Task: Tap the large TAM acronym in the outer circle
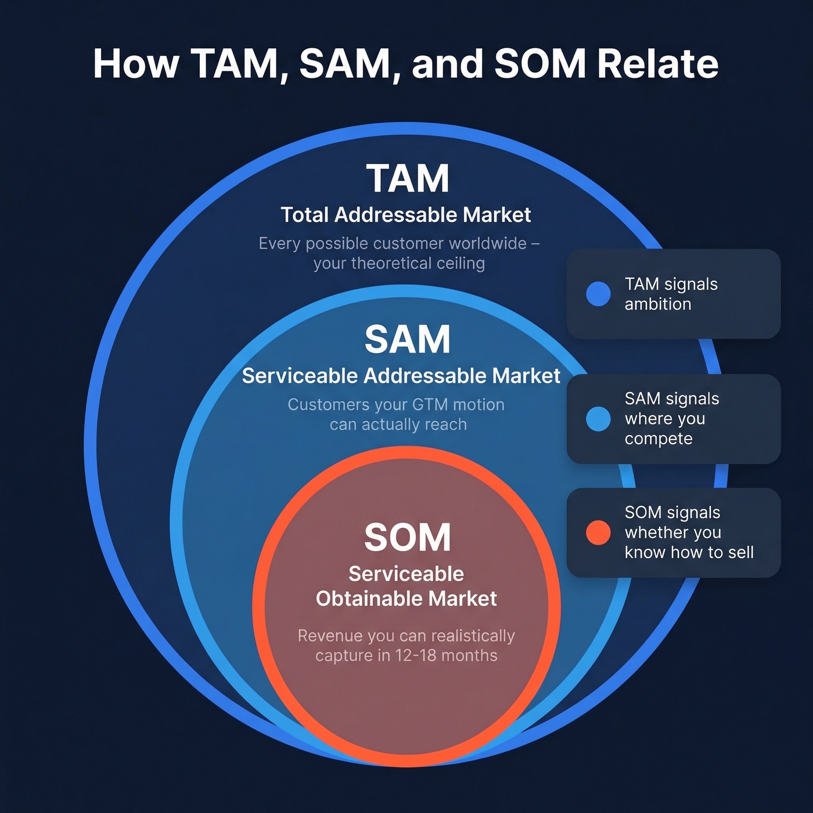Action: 408,178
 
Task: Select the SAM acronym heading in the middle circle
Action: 408,339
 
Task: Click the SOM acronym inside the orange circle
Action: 408,537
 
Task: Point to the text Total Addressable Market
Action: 405,215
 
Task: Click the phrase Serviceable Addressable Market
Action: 401,376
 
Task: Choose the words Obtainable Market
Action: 406,599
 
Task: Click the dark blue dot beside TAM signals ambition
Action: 598,294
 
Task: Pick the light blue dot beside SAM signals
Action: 598,419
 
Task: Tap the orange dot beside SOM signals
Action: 598,533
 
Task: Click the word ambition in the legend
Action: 658,304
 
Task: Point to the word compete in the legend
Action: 659,439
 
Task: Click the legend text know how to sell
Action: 689,552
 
